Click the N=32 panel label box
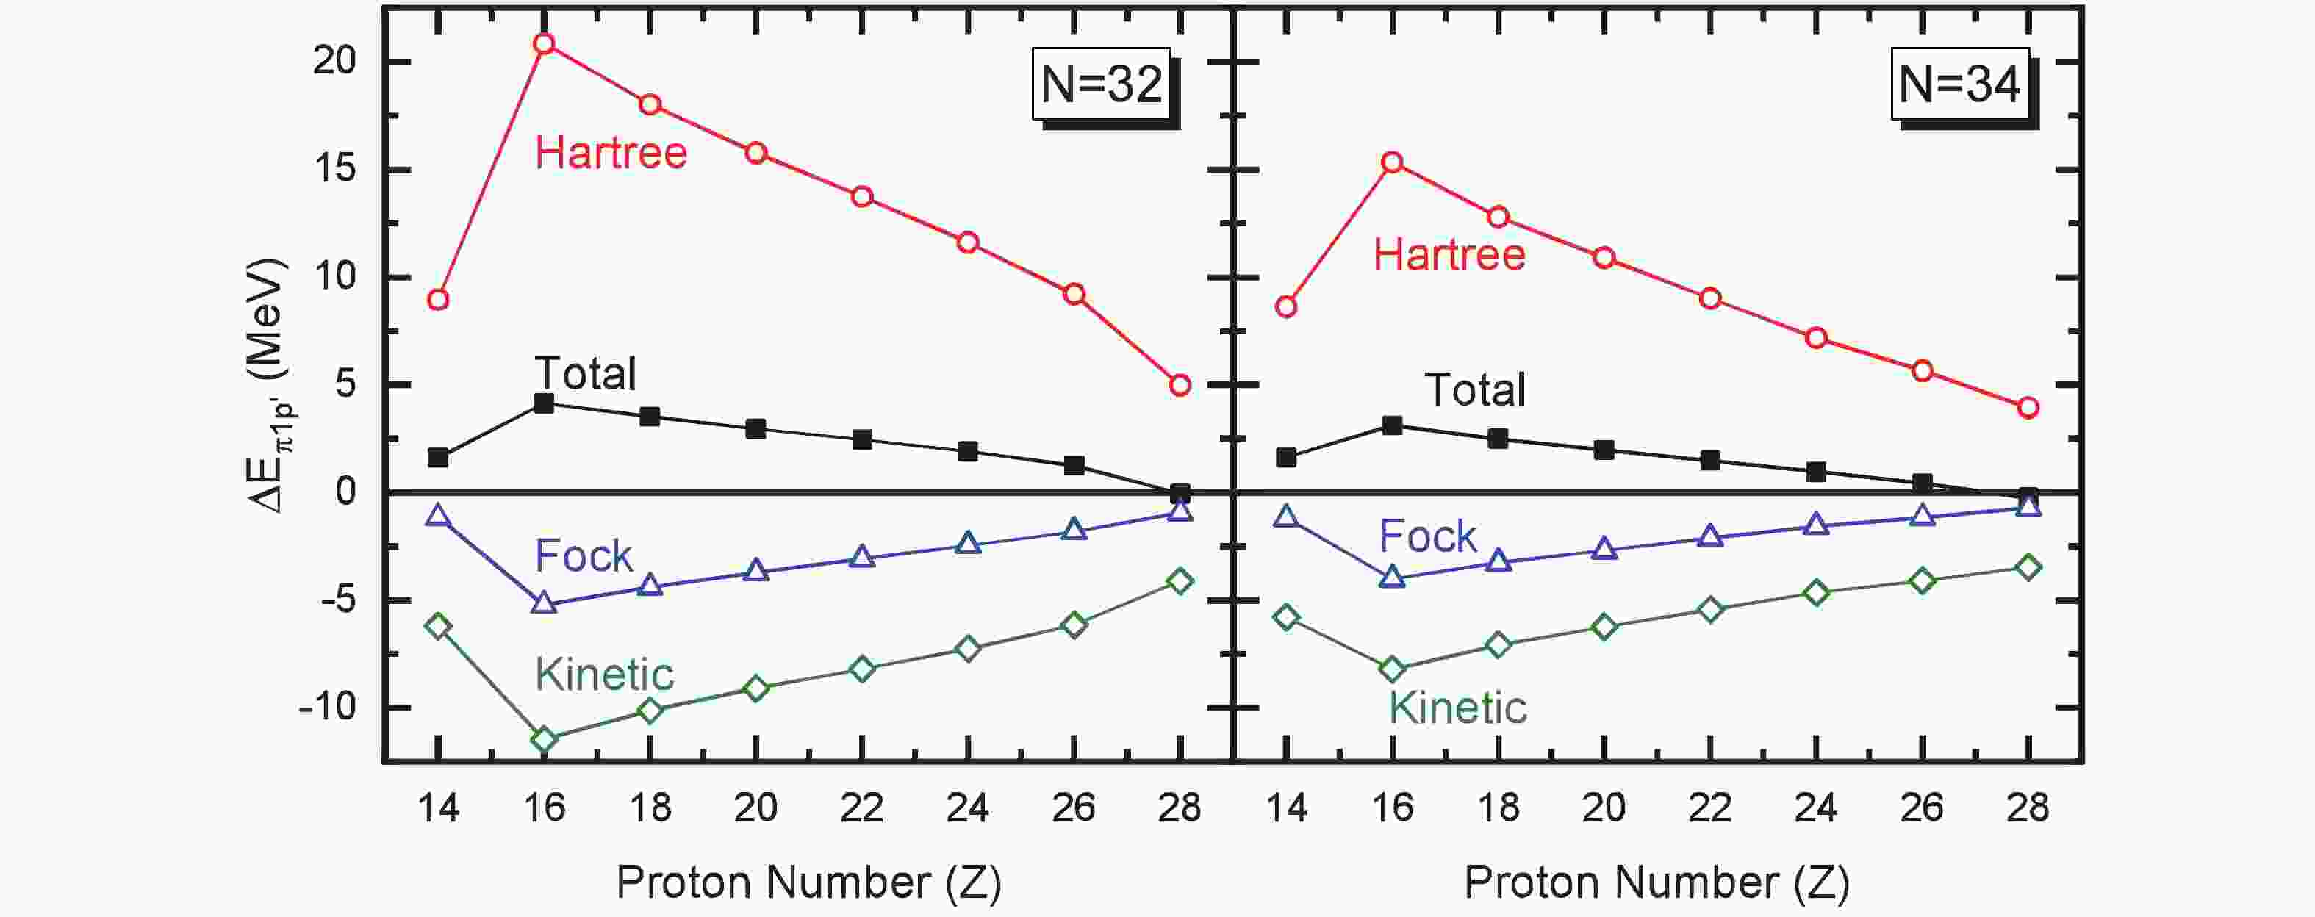click(x=1101, y=84)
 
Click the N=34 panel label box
click(x=1959, y=84)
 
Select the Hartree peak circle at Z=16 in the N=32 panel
click(x=544, y=44)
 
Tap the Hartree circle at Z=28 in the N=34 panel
click(x=2028, y=408)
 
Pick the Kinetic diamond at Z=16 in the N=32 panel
click(x=544, y=740)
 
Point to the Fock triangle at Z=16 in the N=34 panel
click(x=1392, y=577)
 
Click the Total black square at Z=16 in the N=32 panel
click(x=544, y=403)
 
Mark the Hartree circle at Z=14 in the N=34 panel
click(x=1286, y=307)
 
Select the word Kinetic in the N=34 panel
click(x=1457, y=708)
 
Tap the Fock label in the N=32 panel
click(x=584, y=556)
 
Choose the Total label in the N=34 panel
click(x=1475, y=389)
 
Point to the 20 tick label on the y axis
click(x=334, y=62)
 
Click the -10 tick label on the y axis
click(x=326, y=708)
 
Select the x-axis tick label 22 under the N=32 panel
click(x=861, y=808)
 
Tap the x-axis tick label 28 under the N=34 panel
click(x=2028, y=808)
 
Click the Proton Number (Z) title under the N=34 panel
click(x=1657, y=883)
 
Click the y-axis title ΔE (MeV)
click(x=269, y=386)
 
